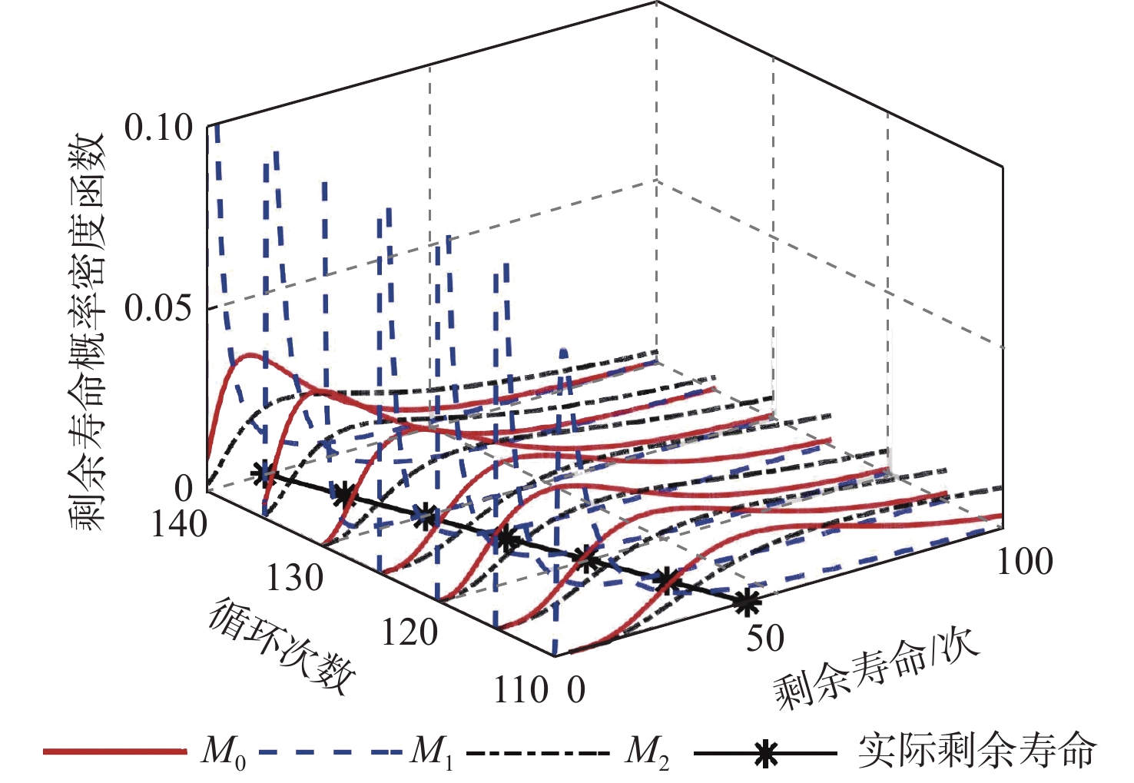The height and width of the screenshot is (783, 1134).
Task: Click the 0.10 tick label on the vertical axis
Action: (x=158, y=128)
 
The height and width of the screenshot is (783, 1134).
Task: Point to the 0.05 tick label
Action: (x=158, y=308)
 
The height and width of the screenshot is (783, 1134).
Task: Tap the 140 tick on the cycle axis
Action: (x=179, y=524)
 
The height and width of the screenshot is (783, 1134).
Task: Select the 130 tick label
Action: (x=294, y=578)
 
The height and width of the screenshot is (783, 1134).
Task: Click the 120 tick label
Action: (x=409, y=633)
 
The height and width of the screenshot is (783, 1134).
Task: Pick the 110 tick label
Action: (x=520, y=689)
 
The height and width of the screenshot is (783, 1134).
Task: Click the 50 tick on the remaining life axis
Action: (x=764, y=638)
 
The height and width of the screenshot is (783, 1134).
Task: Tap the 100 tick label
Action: (x=1024, y=562)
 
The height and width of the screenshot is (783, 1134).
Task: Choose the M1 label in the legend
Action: (x=431, y=751)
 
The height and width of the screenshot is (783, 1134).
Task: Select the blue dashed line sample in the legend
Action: (x=330, y=751)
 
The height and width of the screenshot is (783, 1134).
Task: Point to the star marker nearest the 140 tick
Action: (x=264, y=475)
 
